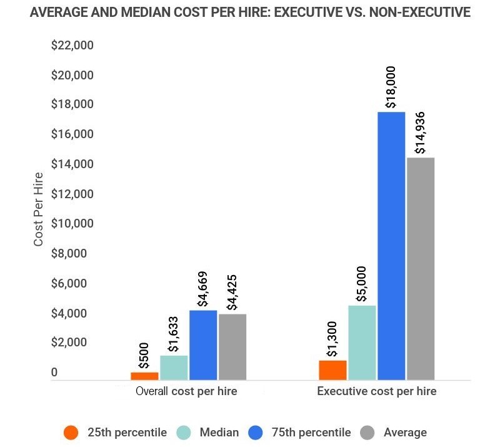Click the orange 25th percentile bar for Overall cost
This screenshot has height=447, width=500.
pyautogui.click(x=144, y=376)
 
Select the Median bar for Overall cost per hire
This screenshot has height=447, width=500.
pyautogui.click(x=174, y=368)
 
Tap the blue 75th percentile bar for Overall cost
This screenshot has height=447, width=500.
pyautogui.click(x=203, y=345)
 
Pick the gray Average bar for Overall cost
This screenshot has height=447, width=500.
pyautogui.click(x=232, y=347)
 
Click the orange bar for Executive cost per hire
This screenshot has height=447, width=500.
pyautogui.click(x=332, y=370)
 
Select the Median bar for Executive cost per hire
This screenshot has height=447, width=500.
pyautogui.click(x=362, y=343)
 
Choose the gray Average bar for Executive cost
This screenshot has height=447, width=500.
pyautogui.click(x=421, y=269)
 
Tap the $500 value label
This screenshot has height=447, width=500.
pyautogui.click(x=144, y=358)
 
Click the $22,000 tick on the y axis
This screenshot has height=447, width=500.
pyautogui.click(x=72, y=46)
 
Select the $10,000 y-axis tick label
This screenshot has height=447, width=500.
pyautogui.click(x=72, y=224)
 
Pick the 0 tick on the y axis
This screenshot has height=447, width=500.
pyautogui.click(x=54, y=373)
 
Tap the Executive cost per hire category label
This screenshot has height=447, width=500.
pyautogui.click(x=376, y=392)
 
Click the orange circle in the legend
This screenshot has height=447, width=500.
pyautogui.click(x=71, y=433)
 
